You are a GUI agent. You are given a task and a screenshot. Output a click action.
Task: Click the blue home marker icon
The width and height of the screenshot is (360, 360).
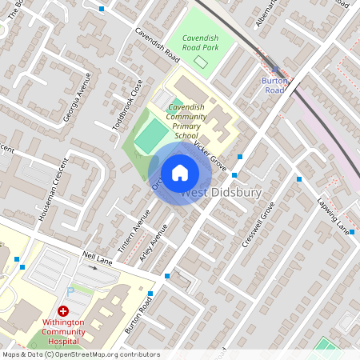click(180, 172)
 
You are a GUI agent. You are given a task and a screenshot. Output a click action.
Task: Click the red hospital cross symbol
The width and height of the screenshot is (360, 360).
click(62, 310)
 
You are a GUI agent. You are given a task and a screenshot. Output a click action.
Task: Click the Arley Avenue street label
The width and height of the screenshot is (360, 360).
click(154, 243)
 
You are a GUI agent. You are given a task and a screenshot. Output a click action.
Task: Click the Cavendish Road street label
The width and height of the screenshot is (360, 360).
click(157, 46)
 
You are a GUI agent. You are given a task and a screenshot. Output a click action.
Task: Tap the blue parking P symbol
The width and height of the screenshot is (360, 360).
click(69, 291)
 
